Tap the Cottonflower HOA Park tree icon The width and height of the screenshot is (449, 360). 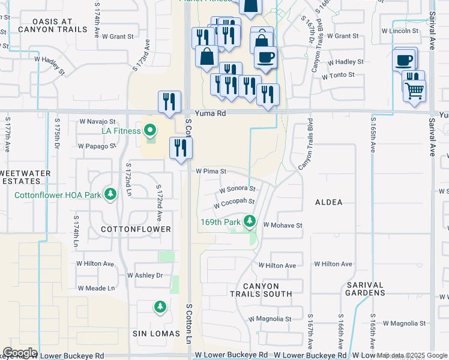[x=110, y=194]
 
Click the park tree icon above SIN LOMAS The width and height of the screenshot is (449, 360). [x=160, y=307]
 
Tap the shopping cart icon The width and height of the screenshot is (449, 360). [x=415, y=92]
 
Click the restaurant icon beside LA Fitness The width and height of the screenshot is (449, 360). [x=181, y=148]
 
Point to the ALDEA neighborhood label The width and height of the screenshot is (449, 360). [x=329, y=203]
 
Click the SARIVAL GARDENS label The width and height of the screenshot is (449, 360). [x=365, y=289]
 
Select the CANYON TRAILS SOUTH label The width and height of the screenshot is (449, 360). [x=261, y=290]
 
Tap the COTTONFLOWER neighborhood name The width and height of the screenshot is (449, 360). [x=136, y=229]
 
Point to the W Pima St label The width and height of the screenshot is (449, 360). [x=211, y=171]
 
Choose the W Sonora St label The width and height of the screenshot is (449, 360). [x=237, y=189]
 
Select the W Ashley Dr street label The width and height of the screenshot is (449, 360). [x=145, y=275]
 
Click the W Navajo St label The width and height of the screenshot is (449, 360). [x=97, y=121]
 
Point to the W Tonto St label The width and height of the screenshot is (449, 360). [x=338, y=76]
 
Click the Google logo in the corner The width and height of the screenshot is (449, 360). [x=20, y=353]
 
